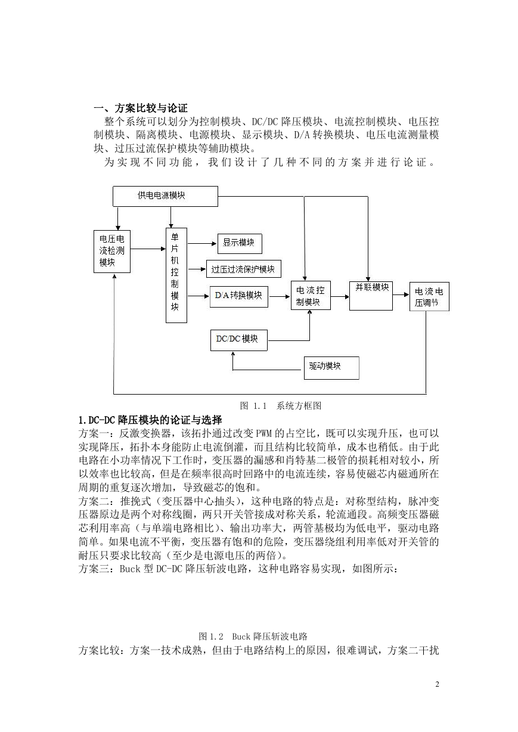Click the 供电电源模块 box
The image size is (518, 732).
[x=165, y=196]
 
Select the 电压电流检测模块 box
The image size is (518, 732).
[x=112, y=252]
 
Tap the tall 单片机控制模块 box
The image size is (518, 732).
[x=176, y=275]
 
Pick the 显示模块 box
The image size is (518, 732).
[x=240, y=243]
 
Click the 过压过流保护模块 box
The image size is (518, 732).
[x=244, y=269]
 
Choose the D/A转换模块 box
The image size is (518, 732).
[x=239, y=297]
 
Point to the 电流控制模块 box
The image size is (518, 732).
[x=311, y=296]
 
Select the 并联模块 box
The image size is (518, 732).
[x=371, y=296]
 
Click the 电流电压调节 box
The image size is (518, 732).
[x=429, y=296]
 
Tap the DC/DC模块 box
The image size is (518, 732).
[x=239, y=340]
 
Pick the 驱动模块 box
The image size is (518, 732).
[x=331, y=368]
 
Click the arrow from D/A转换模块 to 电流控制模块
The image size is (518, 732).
[x=280, y=297]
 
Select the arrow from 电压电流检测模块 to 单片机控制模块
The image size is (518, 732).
[x=148, y=249]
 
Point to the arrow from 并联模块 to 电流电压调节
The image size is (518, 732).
[x=401, y=294]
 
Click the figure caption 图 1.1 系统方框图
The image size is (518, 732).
[x=281, y=406]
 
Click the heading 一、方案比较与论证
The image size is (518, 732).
[x=141, y=108]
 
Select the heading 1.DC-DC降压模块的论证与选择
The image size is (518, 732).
[x=150, y=420]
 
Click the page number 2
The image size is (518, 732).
[x=438, y=684]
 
